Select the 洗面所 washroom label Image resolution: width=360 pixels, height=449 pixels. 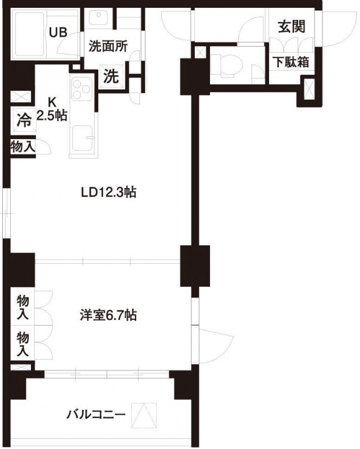(x=108, y=47)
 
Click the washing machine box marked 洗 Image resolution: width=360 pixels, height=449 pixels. (x=112, y=76)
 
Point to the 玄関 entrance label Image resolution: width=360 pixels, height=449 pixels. (x=291, y=26)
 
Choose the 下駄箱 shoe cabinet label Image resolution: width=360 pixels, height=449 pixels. (x=291, y=62)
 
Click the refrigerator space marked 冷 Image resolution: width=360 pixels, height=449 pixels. (x=23, y=120)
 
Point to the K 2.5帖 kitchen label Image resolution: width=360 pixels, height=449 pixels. (x=52, y=109)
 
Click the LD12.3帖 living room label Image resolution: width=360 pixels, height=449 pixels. (x=109, y=192)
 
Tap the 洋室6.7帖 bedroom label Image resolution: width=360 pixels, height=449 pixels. (x=107, y=315)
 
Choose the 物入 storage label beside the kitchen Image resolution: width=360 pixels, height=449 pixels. (x=23, y=147)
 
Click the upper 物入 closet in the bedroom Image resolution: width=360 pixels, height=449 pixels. (x=22, y=306)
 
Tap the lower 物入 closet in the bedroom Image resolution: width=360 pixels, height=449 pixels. (x=22, y=343)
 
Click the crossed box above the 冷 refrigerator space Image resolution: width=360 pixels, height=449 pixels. (x=22, y=97)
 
